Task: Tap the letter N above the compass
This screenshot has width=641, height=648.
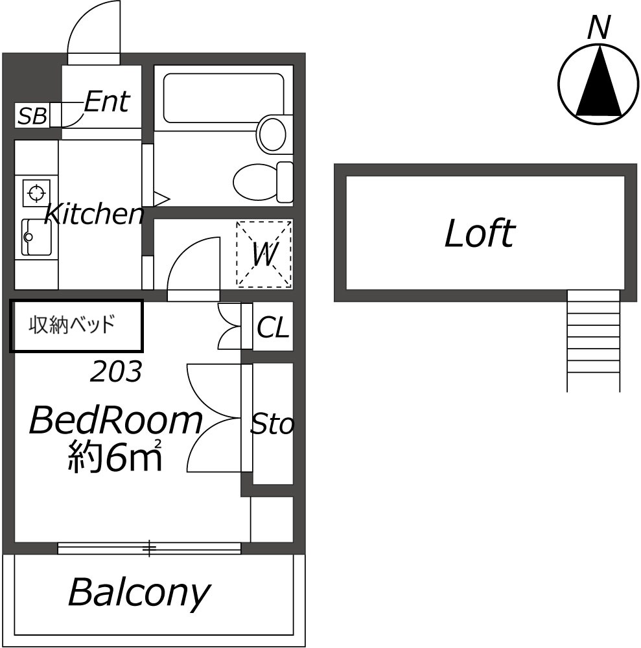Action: pos(600,27)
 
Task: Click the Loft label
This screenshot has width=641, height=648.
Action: pos(480,234)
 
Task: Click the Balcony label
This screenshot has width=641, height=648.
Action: pos(139,592)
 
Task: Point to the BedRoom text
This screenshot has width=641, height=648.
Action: pos(115,421)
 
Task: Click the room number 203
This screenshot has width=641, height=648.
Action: pos(116,372)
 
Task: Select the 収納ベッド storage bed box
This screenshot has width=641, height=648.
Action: pos(76,325)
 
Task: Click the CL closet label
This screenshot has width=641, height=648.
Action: pos(273,328)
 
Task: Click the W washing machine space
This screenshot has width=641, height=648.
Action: pos(264,254)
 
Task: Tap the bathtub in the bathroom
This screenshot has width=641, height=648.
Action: pos(224,98)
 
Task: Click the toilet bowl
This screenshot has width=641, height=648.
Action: pos(256,181)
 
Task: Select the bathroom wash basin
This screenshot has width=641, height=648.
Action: pos(272,133)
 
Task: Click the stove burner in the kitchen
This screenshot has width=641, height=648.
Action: pos(36,192)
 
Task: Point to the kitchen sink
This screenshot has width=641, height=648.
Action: pos(36,237)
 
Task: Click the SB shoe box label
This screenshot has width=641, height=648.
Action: pos(32,117)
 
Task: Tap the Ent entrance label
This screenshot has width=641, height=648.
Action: pos(107,102)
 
